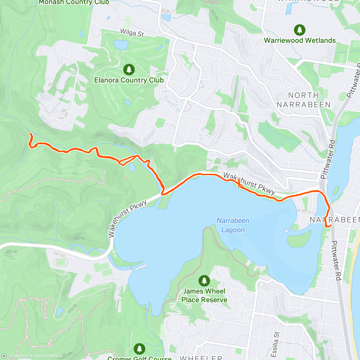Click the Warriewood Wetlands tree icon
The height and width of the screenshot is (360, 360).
[299, 30]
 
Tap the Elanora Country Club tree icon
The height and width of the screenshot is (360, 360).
[129, 70]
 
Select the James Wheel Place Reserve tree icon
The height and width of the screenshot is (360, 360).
[204, 281]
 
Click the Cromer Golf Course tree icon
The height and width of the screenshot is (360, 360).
[139, 349]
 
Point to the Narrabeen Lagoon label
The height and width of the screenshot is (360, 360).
[233, 225]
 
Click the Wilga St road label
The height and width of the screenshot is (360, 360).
[132, 33]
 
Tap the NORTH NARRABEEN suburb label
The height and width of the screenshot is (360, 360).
[303, 100]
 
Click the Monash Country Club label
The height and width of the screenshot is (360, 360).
[74, 2]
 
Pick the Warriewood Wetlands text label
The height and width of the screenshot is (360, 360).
[300, 40]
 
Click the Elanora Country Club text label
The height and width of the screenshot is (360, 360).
[129, 80]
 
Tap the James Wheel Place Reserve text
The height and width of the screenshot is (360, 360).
[204, 295]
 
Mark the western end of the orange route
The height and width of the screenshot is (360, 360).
[30, 133]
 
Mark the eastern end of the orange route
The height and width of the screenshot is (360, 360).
[330, 226]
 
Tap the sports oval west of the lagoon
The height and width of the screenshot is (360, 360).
[61, 262]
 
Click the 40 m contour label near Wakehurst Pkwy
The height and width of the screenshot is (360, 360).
[79, 238]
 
